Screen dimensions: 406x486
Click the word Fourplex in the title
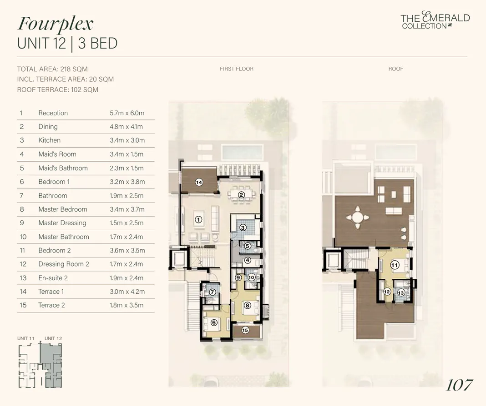[x=55, y=24]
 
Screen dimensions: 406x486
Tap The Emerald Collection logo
[x=435, y=21]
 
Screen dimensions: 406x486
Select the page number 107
[x=459, y=385]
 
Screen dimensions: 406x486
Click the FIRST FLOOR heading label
[x=236, y=69]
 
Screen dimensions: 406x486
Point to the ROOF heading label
[x=395, y=69]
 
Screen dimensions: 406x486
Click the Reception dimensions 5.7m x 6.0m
[x=127, y=113]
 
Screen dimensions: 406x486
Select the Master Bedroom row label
[x=62, y=209]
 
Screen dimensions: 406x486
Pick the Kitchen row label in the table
[x=49, y=140]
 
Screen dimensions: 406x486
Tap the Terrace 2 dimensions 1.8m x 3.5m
[x=127, y=305]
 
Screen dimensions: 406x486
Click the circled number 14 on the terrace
[x=199, y=182]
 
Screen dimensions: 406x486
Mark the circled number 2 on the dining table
[x=242, y=195]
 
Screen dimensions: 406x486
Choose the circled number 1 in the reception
[x=198, y=219]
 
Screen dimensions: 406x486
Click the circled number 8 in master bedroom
[x=247, y=306]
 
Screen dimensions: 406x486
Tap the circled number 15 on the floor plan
[x=245, y=330]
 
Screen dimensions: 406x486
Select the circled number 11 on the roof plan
[x=395, y=265]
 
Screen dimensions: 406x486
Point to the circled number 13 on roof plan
[x=401, y=293]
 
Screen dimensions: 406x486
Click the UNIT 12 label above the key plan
[x=53, y=338]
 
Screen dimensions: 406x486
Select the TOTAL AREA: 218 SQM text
[x=52, y=69]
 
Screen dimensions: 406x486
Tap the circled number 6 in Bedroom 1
[x=214, y=322]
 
